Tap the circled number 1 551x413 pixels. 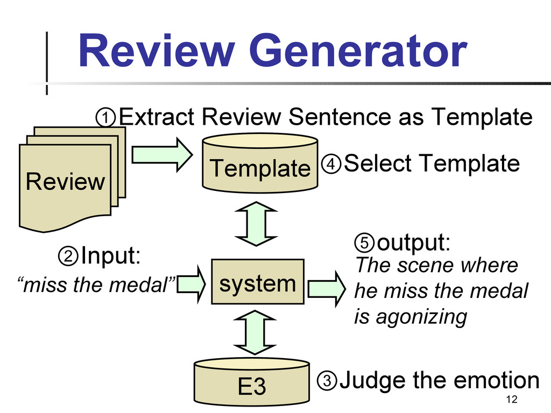(105, 117)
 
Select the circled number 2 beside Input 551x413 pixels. (68, 255)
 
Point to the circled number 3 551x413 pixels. (327, 380)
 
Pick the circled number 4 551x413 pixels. (331, 163)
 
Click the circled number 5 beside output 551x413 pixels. (364, 243)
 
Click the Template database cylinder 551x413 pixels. (260, 163)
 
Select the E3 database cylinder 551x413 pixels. (252, 381)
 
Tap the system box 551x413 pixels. (258, 282)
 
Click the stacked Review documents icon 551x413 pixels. (72, 179)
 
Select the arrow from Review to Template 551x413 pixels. (162, 154)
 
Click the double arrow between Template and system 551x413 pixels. (256, 224)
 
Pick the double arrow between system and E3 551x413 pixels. (255, 332)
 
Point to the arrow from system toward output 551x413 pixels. (327, 289)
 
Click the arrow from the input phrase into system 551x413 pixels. (191, 284)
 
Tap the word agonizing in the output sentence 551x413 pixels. (421, 317)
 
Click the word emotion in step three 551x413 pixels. (496, 380)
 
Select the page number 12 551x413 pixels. (512, 400)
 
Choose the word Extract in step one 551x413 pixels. (157, 117)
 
